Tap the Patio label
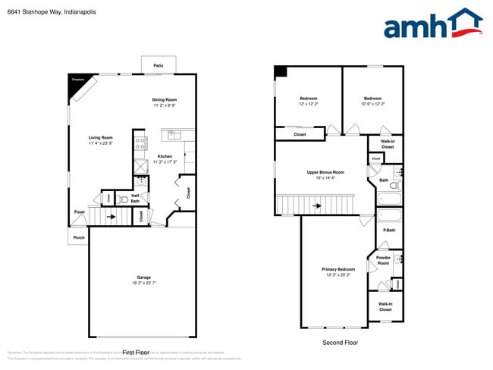[x=159, y=66]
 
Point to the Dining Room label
[x=165, y=99]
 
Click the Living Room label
[x=100, y=137]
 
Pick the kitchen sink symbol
[x=174, y=136]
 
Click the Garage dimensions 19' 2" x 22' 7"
[x=144, y=283]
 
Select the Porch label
[x=78, y=237]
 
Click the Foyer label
[x=79, y=212]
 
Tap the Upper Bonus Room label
[x=325, y=172]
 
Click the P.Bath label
[x=388, y=230]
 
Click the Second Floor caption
[x=340, y=343]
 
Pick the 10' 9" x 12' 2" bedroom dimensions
[x=372, y=104]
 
